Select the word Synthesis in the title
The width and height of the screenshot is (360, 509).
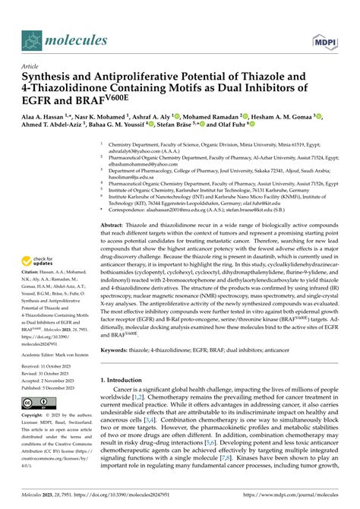click(51, 77)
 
